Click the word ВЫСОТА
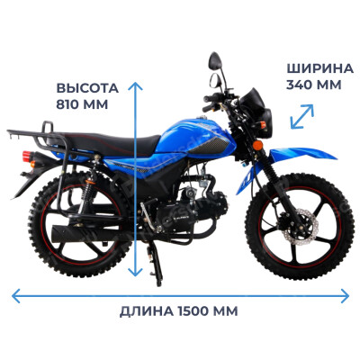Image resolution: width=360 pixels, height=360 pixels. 87,88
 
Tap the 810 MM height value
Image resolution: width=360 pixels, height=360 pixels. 82,104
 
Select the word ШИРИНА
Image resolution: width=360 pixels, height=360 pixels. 319,68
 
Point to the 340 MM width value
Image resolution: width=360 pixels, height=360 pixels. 314,85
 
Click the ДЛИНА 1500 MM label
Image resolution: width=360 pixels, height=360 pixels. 179,311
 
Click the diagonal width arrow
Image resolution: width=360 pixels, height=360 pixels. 302,116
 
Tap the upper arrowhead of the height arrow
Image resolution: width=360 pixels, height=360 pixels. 135,85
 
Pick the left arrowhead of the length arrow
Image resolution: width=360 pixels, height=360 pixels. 16,296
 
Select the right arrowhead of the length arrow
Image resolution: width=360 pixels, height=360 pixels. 345,296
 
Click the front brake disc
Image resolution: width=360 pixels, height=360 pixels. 300,227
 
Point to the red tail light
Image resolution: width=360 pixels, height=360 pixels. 27,156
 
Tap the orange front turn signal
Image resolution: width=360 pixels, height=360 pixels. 257,145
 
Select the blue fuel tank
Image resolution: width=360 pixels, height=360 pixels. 195,137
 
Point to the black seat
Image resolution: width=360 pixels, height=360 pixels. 108,142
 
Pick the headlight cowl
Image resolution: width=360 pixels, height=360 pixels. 256,113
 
